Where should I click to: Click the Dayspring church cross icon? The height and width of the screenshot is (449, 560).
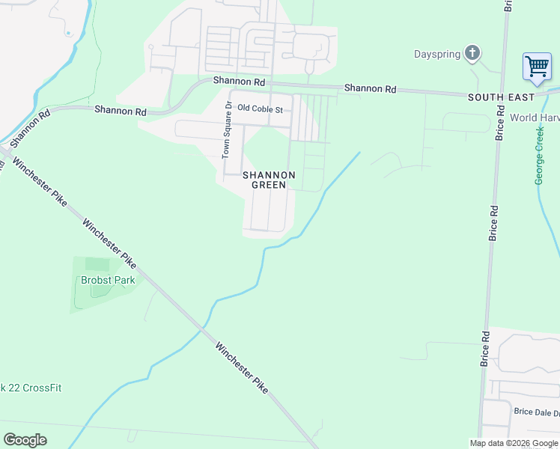tap(472, 53)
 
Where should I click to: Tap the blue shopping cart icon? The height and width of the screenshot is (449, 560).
tap(537, 67)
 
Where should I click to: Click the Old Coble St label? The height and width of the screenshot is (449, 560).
tap(260, 109)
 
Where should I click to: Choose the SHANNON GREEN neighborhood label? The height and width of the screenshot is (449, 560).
tap(269, 180)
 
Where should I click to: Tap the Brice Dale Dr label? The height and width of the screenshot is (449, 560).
tap(536, 412)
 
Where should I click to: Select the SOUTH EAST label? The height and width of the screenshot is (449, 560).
tap(502, 97)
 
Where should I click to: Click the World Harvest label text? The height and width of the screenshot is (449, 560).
tap(535, 117)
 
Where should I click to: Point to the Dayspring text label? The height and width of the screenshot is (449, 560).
tap(437, 54)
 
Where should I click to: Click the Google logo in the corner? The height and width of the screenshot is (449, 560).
tap(25, 440)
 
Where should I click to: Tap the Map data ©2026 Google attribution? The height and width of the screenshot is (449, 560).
tap(514, 443)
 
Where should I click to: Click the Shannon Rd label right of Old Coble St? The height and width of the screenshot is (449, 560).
tap(370, 88)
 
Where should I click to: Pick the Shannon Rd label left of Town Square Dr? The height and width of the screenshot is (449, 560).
tap(120, 111)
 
